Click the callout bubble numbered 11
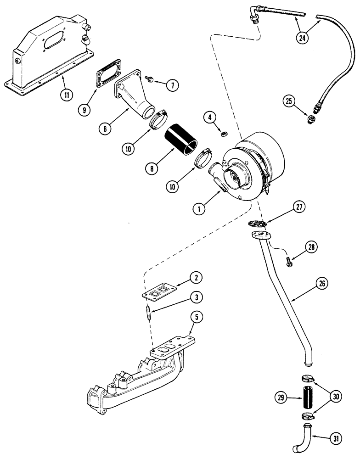tap(67, 95)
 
